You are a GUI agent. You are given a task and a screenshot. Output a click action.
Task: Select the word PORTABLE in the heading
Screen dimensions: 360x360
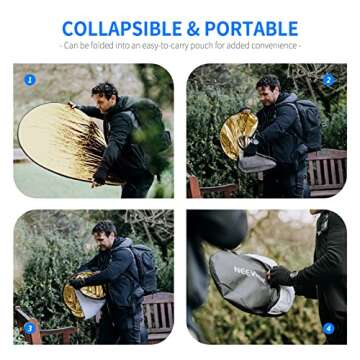[x=260, y=28]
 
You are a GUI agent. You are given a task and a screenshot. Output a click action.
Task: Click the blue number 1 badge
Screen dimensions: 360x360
[x=30, y=79]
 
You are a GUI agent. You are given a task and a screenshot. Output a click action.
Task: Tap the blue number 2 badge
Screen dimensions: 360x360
[x=328, y=80]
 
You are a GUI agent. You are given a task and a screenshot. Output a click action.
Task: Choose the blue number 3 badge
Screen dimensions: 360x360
[x=30, y=327]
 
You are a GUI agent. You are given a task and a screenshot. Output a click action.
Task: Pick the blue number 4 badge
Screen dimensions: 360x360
[x=328, y=327]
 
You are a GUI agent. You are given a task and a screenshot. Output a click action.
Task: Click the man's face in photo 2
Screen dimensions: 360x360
[x=268, y=92]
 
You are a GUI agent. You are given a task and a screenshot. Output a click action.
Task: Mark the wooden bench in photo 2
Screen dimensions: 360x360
[x=325, y=170]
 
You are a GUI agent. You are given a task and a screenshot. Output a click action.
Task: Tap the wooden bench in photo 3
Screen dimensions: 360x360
[x=155, y=312]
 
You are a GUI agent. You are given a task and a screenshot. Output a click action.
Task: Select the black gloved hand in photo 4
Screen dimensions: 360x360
[x=281, y=275]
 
